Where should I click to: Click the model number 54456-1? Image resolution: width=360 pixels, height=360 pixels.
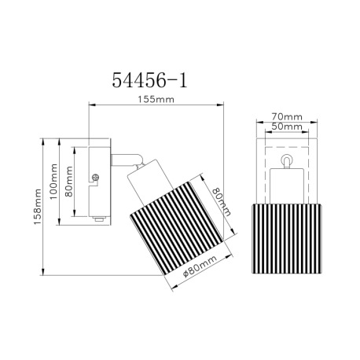click(149, 80)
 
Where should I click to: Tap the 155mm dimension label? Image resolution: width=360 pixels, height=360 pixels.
click(156, 100)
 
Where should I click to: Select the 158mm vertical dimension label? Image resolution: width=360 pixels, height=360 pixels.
click(38, 207)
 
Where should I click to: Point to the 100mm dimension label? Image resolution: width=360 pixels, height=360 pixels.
click(53, 182)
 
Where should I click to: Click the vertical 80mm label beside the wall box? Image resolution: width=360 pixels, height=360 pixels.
click(69, 182)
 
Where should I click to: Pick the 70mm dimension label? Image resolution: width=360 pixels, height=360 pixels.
click(287, 116)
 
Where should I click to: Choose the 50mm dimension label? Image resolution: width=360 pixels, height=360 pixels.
click(287, 127)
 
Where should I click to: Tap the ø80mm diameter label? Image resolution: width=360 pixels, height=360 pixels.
click(200, 266)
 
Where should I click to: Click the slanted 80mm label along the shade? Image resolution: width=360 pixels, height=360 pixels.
click(222, 201)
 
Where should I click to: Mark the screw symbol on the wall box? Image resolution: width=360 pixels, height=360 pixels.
click(96, 178)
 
